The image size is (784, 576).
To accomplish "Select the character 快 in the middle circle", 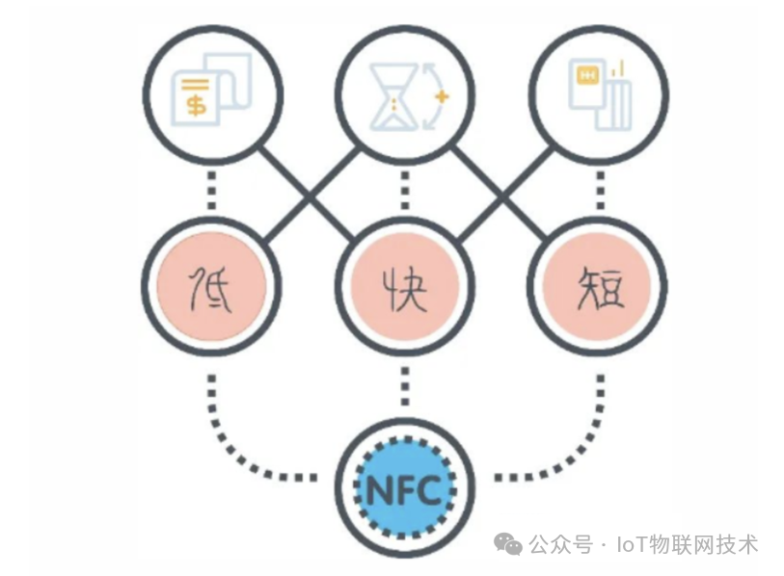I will click(404, 286).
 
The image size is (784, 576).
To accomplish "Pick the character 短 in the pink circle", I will click(599, 286).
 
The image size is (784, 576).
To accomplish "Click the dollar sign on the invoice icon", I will click(196, 102).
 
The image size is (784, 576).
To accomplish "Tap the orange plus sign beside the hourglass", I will click(443, 97).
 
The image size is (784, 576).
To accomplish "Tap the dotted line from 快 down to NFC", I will click(404, 385).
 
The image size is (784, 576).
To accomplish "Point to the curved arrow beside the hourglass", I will click(431, 97).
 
